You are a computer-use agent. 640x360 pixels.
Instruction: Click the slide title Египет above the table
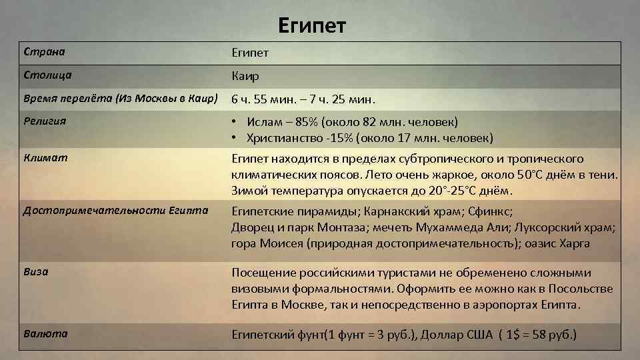click(x=312, y=26)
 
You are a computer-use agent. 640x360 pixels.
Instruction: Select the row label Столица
click(x=47, y=75)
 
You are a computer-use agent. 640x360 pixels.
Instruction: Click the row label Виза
click(x=35, y=272)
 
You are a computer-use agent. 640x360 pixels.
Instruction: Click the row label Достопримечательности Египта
click(x=115, y=211)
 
